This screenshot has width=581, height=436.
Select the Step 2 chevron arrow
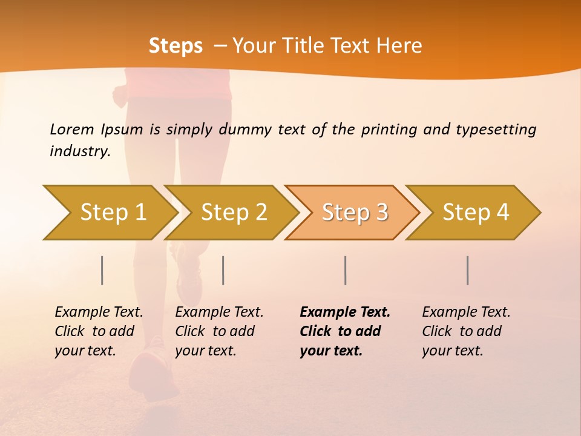click(x=234, y=213)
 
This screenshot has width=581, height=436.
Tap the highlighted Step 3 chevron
click(x=355, y=213)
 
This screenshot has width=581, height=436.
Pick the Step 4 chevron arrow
click(x=476, y=213)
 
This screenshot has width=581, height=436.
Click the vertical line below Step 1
click(x=102, y=270)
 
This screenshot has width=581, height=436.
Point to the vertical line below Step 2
click(x=223, y=270)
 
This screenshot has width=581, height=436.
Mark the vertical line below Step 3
click(x=345, y=270)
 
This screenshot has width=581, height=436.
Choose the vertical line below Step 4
click(x=467, y=270)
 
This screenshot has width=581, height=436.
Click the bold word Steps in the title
click(x=176, y=46)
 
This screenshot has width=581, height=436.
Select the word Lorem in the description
click(x=72, y=129)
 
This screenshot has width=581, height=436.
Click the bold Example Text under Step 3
click(x=345, y=312)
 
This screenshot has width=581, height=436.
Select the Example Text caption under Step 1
click(x=99, y=312)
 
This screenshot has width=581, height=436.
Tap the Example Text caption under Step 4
click(x=466, y=312)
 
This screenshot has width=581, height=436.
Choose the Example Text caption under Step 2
click(x=219, y=312)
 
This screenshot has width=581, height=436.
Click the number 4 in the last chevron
click(x=503, y=213)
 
